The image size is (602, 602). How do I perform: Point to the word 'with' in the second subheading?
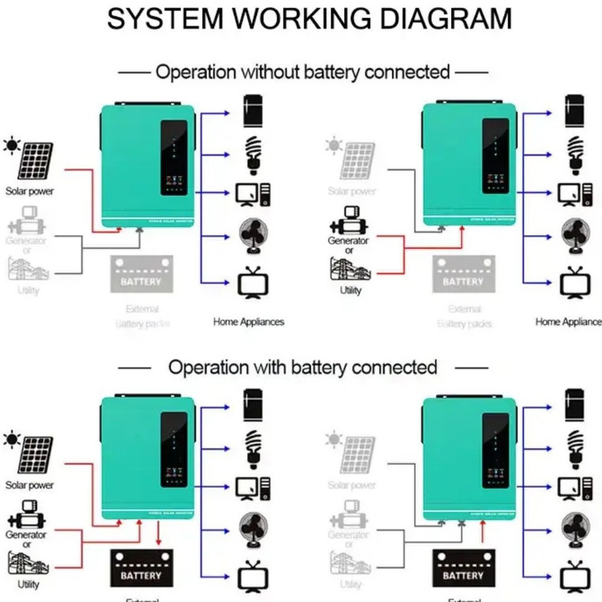[x=268, y=368]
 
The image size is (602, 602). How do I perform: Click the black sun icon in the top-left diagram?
[x=12, y=145]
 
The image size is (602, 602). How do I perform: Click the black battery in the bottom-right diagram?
[x=463, y=568]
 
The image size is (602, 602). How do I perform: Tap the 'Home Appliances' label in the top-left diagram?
[x=249, y=322]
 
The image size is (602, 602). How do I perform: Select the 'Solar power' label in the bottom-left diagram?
[x=30, y=486]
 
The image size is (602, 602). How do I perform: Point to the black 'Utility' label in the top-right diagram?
[x=351, y=291]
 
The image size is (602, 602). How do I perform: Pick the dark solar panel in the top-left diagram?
[x=36, y=161]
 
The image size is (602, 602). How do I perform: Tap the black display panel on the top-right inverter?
[x=497, y=156]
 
